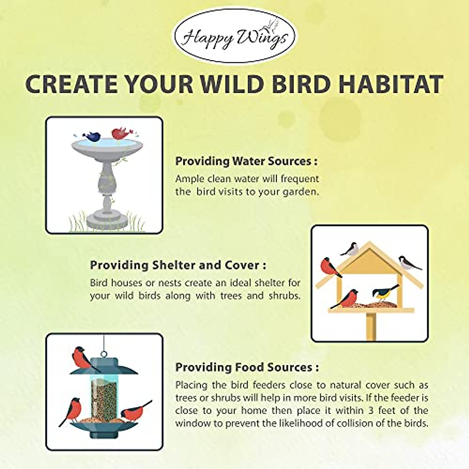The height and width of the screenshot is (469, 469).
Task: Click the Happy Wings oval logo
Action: tap(234, 36)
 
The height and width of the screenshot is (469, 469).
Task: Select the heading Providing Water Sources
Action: tap(246, 161)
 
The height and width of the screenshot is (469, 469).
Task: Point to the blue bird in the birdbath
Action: tap(91, 136)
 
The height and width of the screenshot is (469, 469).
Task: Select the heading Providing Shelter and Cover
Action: tap(178, 265)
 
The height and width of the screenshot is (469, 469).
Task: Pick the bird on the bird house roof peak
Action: tap(350, 249)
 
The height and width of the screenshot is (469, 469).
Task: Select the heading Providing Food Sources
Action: tap(247, 374)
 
